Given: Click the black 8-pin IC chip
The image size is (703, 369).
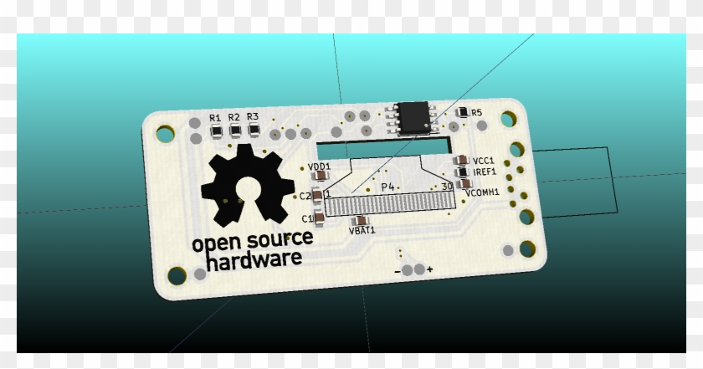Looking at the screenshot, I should [416, 118].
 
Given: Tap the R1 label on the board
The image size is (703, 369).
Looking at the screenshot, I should [215, 117].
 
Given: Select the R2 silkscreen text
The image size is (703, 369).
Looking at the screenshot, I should [233, 117].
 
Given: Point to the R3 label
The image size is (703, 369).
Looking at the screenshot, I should [253, 117].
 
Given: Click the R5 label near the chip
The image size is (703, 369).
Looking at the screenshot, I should [477, 112].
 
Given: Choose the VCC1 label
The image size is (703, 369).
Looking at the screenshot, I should [484, 161].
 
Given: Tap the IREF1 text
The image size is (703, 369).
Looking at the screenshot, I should [485, 172].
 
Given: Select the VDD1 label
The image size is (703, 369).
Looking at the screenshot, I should [319, 167].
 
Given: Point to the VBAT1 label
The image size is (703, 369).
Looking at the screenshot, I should [362, 229].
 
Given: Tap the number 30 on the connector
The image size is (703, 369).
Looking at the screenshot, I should [447, 187].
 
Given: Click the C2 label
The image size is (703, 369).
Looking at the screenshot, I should [305, 197].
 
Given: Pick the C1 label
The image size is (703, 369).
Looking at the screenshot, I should [307, 219].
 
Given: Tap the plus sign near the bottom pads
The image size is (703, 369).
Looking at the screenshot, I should [429, 269].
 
